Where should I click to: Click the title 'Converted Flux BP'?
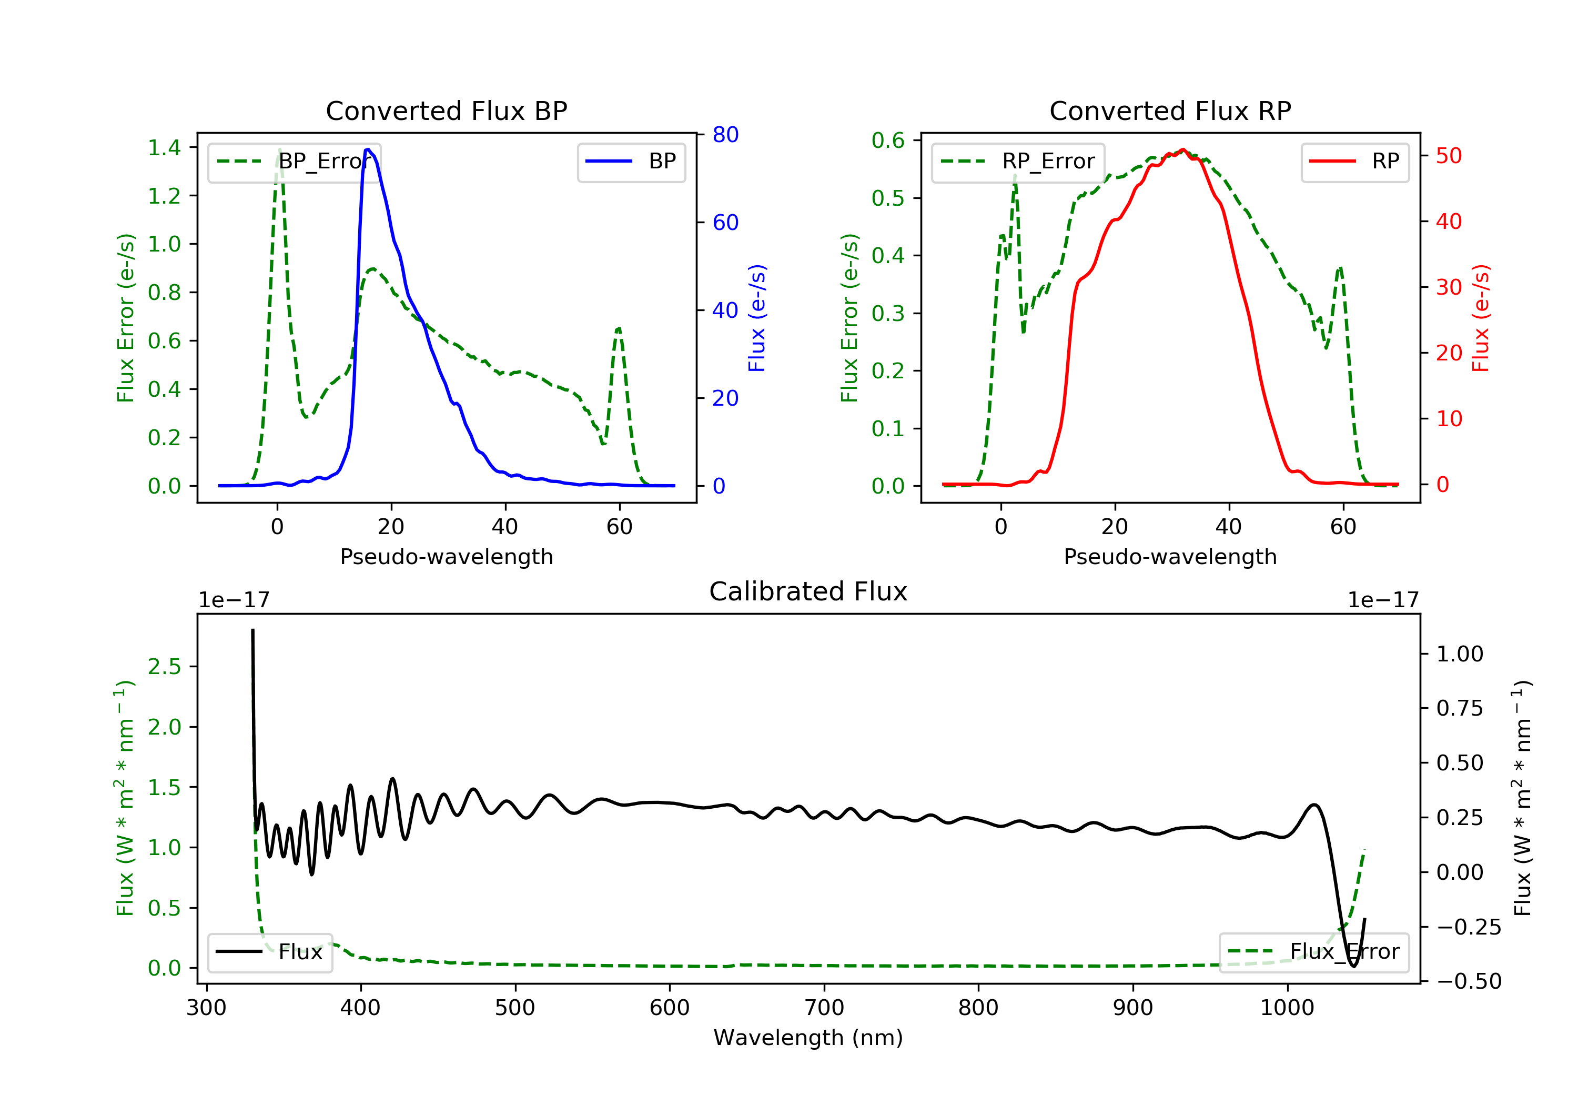446,110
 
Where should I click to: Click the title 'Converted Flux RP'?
1170,110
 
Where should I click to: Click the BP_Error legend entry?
294,162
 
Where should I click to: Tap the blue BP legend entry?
631,162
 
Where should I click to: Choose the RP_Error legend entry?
1018,162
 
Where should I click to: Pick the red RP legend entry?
1354,162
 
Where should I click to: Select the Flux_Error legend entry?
1313,952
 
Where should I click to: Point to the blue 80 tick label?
725,135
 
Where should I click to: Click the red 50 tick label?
1449,156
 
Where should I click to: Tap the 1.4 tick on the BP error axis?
164,147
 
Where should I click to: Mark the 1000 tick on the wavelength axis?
1287,1008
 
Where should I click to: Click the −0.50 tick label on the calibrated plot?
1468,981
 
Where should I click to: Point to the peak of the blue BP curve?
368,149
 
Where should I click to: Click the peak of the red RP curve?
1182,149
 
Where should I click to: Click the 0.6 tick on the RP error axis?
888,140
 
